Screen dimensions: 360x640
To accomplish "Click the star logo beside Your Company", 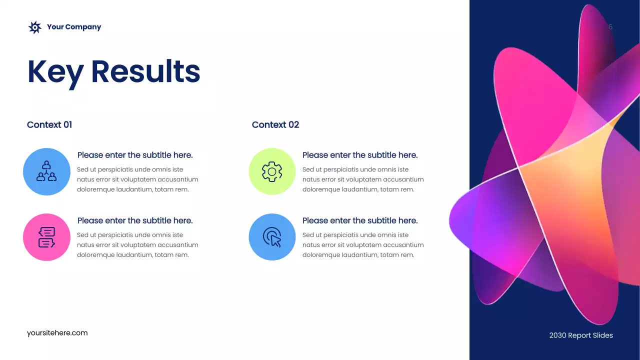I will click(34, 27).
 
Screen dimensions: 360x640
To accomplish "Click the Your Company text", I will click(74, 27).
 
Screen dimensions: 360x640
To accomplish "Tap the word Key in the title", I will click(55, 72).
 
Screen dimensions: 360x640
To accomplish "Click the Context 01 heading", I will click(49, 125).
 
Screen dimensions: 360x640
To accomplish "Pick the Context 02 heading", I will click(275, 125).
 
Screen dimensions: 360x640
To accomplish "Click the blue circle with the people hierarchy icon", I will click(46, 171).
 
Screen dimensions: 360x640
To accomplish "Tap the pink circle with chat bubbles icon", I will click(46, 237).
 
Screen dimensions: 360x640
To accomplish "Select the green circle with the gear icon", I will click(272, 171).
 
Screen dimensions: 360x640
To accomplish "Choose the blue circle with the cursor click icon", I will click(272, 237).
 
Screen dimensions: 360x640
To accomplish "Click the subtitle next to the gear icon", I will click(360, 155).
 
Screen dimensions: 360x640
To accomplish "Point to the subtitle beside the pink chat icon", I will click(135, 220).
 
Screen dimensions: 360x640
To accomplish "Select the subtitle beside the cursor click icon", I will click(360, 220).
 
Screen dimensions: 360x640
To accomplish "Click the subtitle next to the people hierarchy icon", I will click(135, 155).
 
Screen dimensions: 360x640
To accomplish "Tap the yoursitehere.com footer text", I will click(57, 333).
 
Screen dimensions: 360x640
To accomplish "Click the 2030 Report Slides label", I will click(581, 335).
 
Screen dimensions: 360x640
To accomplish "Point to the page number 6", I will click(610, 27).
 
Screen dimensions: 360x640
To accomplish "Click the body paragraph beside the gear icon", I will click(363, 179).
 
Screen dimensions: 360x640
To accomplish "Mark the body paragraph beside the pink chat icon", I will click(137, 245).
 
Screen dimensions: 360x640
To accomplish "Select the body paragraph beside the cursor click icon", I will click(363, 245).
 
